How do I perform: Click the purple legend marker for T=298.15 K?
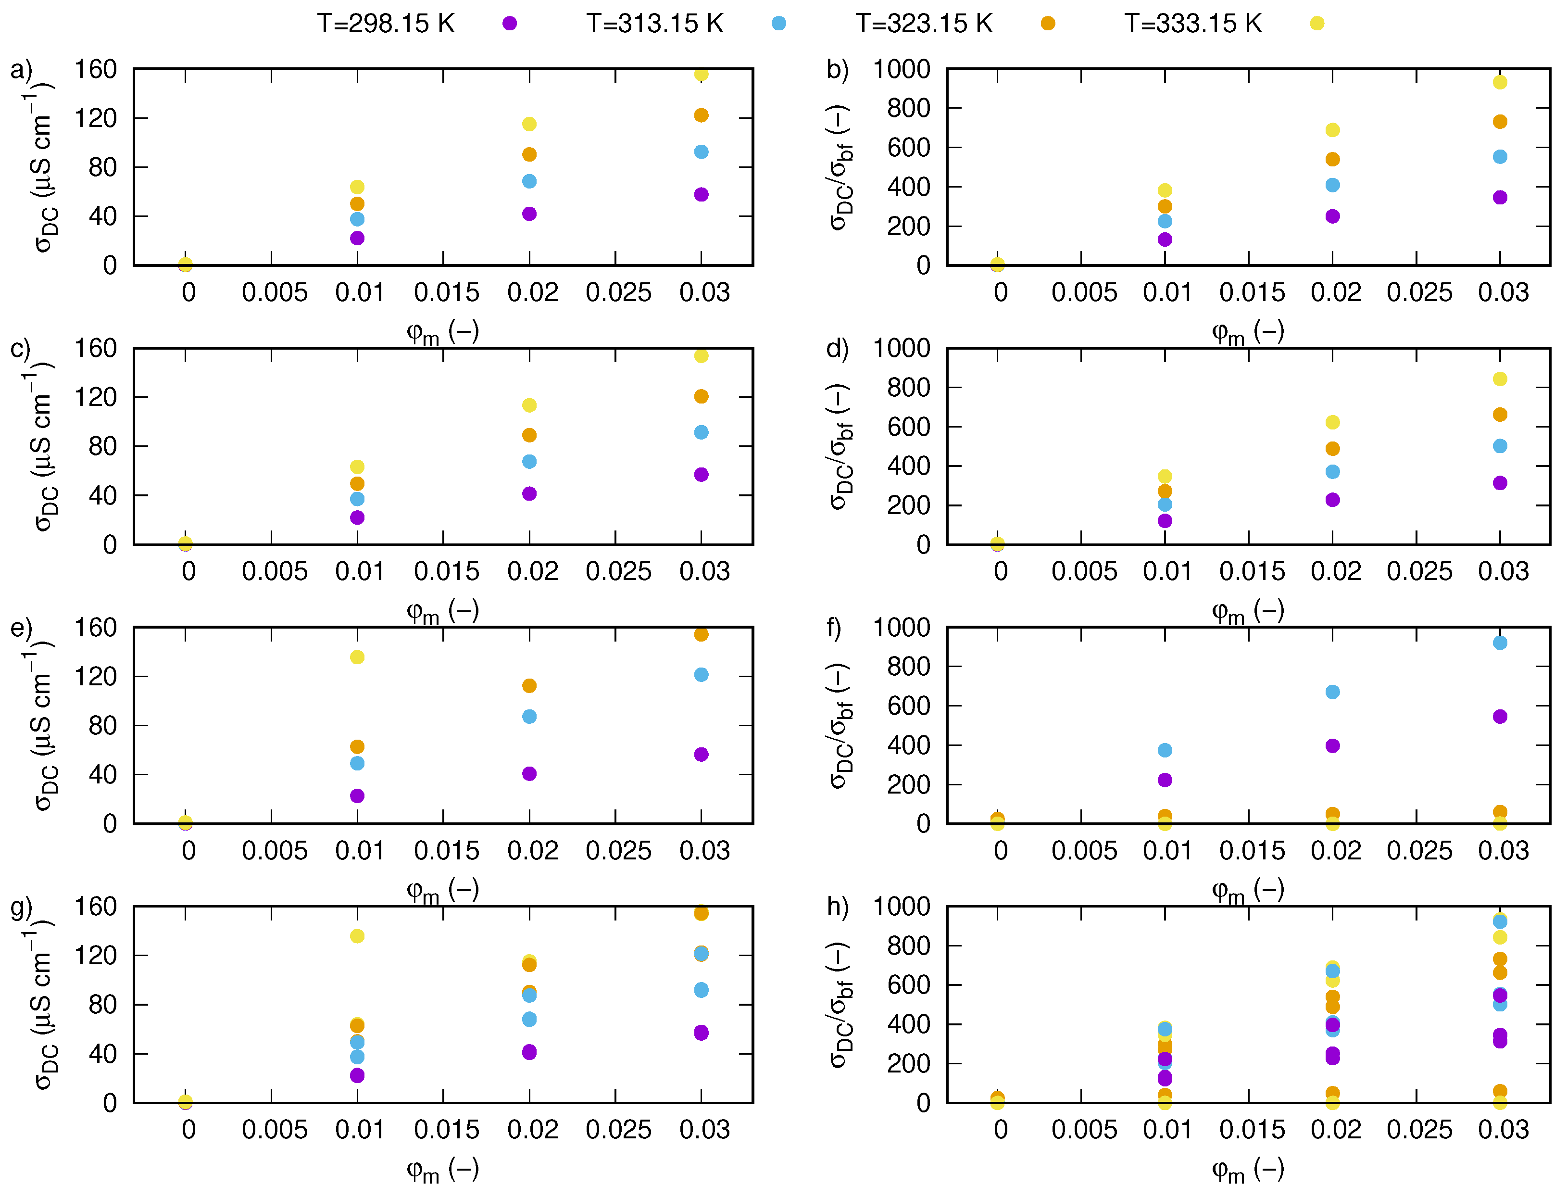coord(509,24)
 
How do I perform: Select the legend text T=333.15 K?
coord(1193,24)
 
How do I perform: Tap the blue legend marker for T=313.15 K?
coord(778,24)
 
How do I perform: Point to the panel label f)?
coord(834,628)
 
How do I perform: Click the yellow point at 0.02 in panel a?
coord(529,124)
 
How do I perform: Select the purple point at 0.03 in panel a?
coord(701,195)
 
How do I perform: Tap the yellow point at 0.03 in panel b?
coord(1500,82)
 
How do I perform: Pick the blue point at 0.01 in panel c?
coord(357,499)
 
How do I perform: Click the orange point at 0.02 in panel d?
coord(1332,449)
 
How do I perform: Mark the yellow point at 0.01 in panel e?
coord(357,657)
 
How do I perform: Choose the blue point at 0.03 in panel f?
coord(1500,643)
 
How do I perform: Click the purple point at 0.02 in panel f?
coord(1332,746)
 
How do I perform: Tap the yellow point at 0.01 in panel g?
coord(357,935)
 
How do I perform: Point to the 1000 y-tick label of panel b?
coord(902,69)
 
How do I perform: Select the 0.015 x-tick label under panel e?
coord(446,851)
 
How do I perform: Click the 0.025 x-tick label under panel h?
coord(1419,1130)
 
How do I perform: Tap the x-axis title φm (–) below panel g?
coord(443,1170)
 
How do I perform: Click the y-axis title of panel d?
coord(841,446)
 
